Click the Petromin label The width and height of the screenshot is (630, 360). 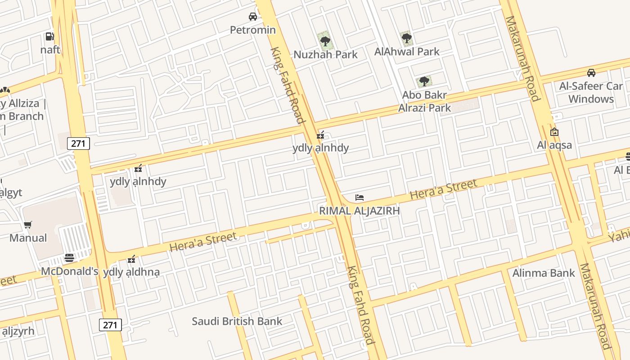pos(252,30)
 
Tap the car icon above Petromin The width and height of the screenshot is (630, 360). pos(253,17)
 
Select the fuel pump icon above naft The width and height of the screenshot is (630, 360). pos(49,36)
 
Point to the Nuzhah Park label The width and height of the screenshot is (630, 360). pos(325,54)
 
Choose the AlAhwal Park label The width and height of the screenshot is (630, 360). pos(407,52)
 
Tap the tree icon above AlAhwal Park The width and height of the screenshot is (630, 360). pos(407,38)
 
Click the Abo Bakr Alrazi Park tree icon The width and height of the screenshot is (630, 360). pos(424,81)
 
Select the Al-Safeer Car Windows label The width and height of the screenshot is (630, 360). pos(591,92)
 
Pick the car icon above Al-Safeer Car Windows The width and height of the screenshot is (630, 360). pos(591,73)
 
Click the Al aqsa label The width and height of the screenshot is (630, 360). pos(554,145)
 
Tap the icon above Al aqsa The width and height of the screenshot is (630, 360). pos(554,132)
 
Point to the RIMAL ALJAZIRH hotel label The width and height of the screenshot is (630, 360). pos(359,211)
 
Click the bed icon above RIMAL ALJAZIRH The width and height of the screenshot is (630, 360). pos(359,198)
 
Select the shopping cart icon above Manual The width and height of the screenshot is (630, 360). pos(28,225)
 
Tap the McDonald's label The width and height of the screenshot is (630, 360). pos(69,271)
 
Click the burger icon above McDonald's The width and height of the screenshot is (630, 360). pos(69,258)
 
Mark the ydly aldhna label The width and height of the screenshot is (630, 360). pos(131,272)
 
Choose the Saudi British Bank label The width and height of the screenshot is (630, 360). pos(237,321)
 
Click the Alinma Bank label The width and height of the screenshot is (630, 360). pos(544,273)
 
